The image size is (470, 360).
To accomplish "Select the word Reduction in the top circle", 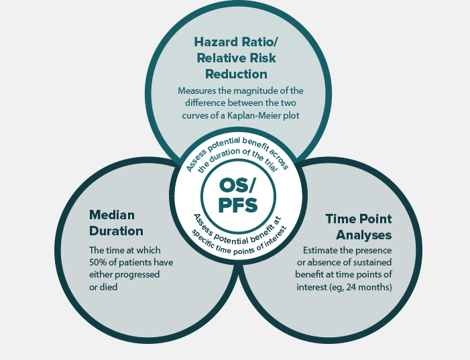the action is [x=236, y=74].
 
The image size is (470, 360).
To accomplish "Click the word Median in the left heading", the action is [x=112, y=215].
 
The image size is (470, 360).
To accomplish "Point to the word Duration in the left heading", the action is [x=116, y=231].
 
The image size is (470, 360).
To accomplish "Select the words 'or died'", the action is [x=103, y=287].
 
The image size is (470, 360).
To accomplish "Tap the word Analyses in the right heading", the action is [x=363, y=235].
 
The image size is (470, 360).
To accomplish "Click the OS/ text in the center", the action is [x=237, y=186].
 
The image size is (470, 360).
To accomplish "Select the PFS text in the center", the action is [x=238, y=205].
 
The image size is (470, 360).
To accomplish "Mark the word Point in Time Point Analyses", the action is [x=375, y=219].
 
